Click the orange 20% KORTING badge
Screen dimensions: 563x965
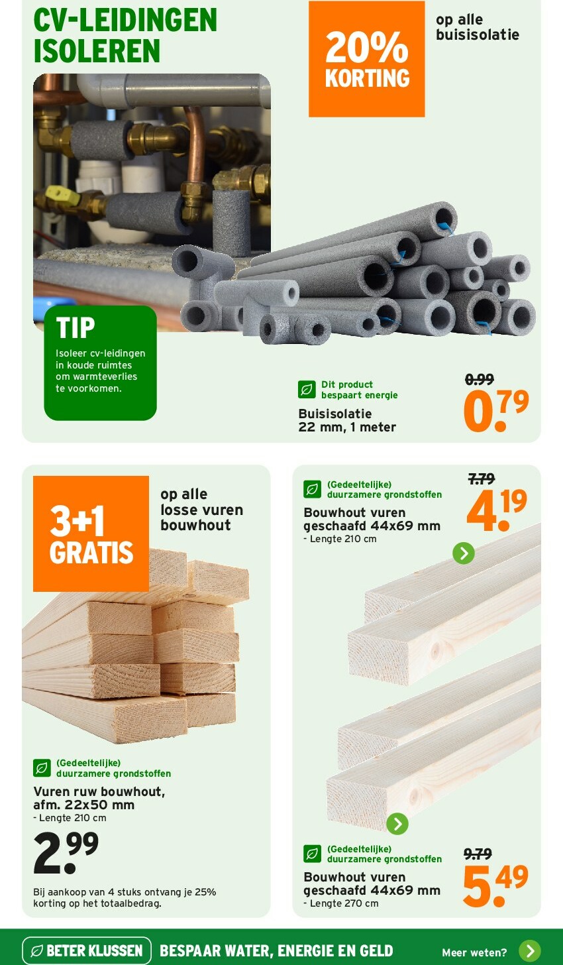click(x=367, y=58)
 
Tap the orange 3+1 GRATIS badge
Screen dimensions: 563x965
click(x=91, y=534)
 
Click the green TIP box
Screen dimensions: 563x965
click(x=100, y=363)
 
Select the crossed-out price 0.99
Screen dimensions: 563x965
click(x=480, y=379)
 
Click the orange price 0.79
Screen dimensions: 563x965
click(x=496, y=410)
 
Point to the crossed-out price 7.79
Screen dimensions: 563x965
click(x=482, y=479)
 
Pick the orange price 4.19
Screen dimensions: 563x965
click(x=497, y=510)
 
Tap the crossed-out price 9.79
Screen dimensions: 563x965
click(x=478, y=854)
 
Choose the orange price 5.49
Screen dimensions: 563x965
click(x=495, y=885)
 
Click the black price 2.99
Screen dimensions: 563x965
click(x=66, y=852)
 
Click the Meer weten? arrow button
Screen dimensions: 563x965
click(x=530, y=951)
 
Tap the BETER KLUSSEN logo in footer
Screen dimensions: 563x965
click(x=87, y=950)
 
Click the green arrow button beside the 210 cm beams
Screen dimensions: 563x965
click(x=464, y=553)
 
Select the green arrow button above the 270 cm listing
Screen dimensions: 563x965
click(x=397, y=824)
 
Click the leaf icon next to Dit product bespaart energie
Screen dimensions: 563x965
click(x=307, y=390)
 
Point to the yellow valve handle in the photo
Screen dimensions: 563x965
click(x=62, y=194)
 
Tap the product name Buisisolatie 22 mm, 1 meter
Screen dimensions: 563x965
click(x=347, y=420)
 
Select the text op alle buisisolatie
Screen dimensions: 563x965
click(x=478, y=27)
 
